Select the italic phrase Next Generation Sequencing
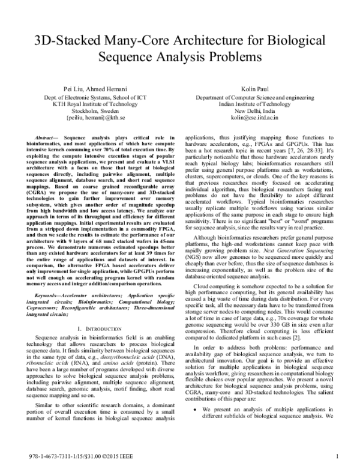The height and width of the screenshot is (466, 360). click(290, 246)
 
